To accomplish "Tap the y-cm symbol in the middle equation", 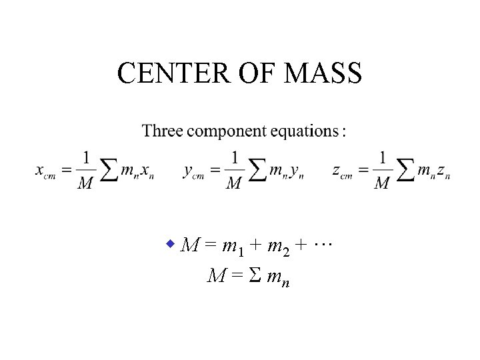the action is click(x=193, y=172).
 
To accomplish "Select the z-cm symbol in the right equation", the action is click(x=342, y=172).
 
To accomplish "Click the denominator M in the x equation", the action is click(x=85, y=183).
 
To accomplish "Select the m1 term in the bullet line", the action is click(x=233, y=247).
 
